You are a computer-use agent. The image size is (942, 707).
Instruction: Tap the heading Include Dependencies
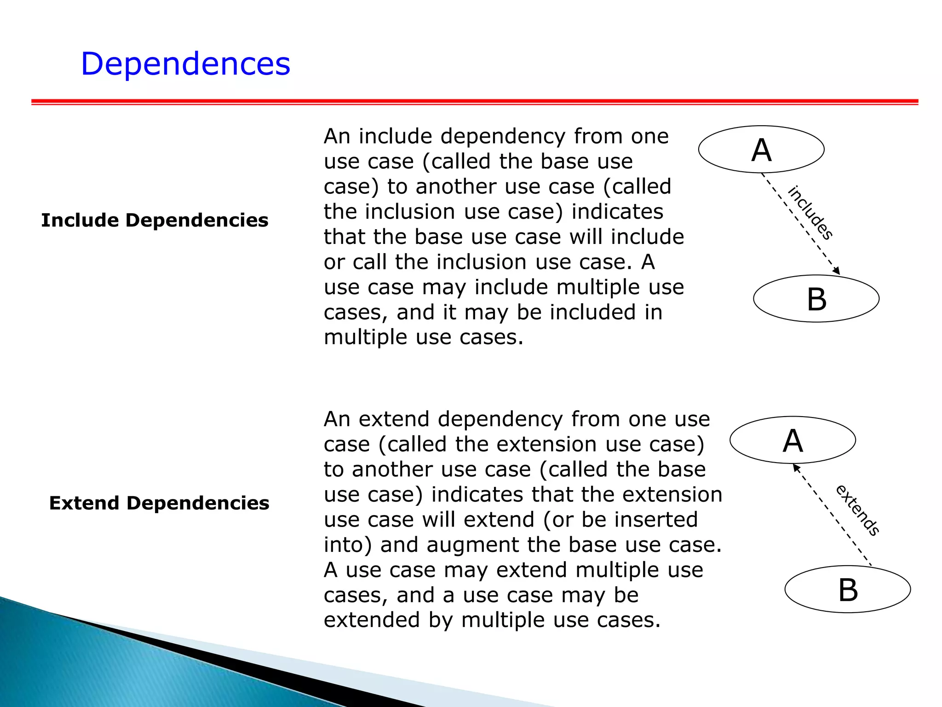pos(155,220)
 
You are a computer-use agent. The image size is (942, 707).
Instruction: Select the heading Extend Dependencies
pos(159,503)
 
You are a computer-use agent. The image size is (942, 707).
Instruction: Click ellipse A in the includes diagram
pos(761,150)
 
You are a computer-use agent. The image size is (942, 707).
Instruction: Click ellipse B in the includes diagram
pos(816,299)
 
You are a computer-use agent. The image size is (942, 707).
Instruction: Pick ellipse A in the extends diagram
pos(793,440)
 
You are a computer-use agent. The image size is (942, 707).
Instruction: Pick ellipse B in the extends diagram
pos(848,590)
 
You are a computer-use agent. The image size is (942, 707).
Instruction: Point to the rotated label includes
pos(810,213)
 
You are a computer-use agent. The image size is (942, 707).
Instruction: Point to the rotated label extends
pos(857,510)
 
